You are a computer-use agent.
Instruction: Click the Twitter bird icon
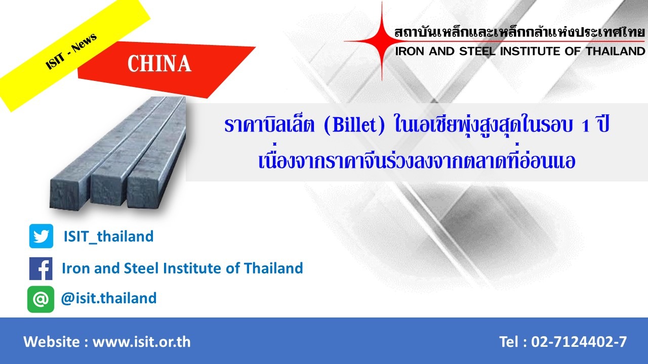(x=41, y=236)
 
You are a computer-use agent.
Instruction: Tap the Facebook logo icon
(x=41, y=268)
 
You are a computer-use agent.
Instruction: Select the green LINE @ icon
(x=41, y=299)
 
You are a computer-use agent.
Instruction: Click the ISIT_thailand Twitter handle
(x=108, y=237)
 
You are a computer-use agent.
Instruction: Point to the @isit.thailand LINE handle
(x=109, y=298)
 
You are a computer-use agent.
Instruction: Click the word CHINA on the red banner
(x=159, y=64)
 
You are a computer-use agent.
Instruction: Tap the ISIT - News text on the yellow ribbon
(x=71, y=51)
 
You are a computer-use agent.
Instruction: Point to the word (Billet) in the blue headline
(x=354, y=125)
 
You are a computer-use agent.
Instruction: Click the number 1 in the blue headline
(x=586, y=126)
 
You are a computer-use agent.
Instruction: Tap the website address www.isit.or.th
(x=141, y=342)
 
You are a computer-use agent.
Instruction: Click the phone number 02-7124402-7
(x=579, y=342)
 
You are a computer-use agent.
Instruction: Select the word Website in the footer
(x=51, y=342)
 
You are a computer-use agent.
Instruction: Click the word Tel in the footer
(x=509, y=342)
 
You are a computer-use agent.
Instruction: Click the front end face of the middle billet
(x=109, y=191)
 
